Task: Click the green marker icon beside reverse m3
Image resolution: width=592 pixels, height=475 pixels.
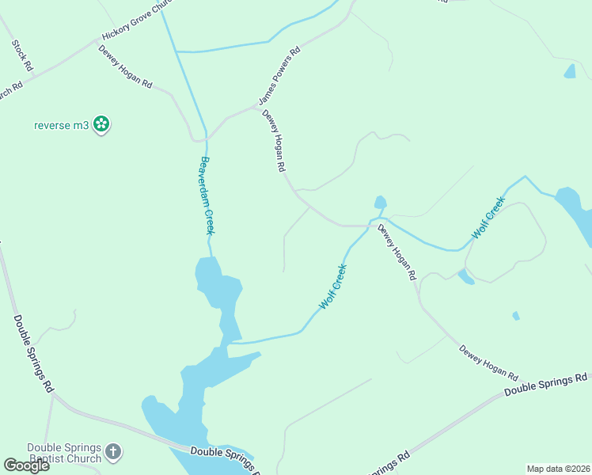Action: point(101,123)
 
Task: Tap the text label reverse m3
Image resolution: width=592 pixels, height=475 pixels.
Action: point(61,124)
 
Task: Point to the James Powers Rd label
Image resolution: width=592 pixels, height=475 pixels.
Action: point(279,76)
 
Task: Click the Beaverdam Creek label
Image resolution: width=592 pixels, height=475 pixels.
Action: point(207,195)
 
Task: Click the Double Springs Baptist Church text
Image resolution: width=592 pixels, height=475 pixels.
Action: point(64,453)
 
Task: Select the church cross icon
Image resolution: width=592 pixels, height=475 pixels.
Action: point(113,452)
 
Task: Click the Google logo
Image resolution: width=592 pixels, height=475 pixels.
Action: point(26,465)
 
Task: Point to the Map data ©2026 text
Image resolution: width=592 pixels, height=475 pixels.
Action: point(558,469)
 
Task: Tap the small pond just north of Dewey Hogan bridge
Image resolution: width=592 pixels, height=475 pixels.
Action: point(380,203)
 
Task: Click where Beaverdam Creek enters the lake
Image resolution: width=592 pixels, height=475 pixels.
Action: point(210,257)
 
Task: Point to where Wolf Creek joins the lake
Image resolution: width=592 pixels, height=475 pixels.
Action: point(230,343)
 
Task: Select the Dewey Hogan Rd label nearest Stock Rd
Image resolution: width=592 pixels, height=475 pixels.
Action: point(125,66)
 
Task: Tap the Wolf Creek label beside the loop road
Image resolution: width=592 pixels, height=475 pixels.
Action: point(488,218)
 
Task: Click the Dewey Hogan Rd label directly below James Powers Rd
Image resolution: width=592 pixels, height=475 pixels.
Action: point(273,141)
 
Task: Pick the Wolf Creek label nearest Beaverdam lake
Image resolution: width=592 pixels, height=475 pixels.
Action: point(333,287)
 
